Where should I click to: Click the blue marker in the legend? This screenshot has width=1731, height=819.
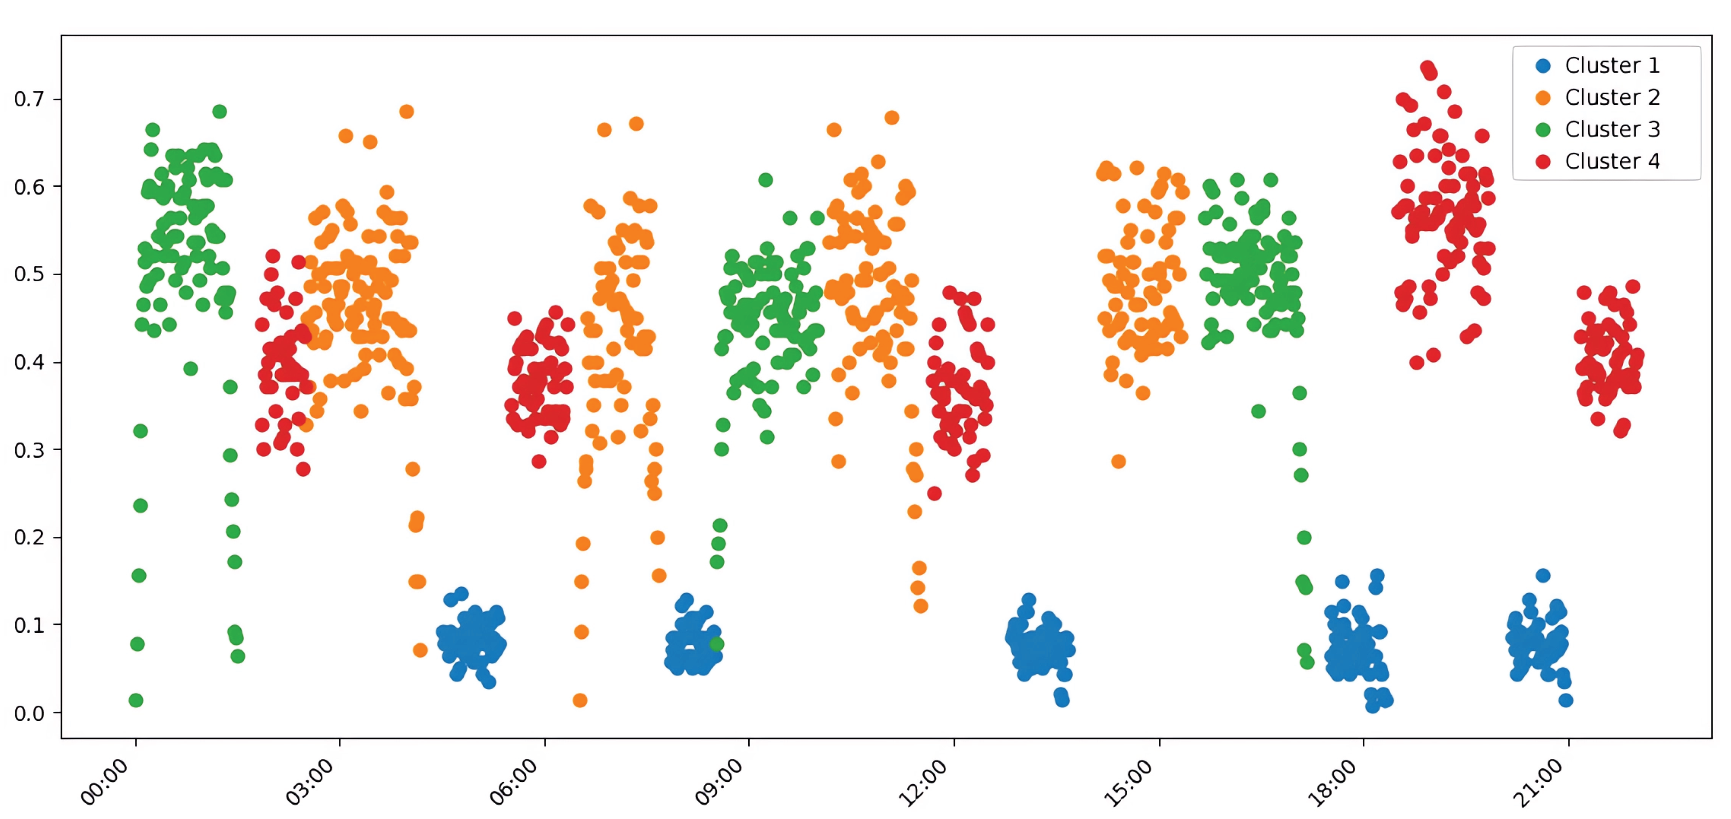(x=1543, y=66)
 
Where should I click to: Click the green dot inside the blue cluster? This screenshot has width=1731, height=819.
(x=717, y=643)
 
